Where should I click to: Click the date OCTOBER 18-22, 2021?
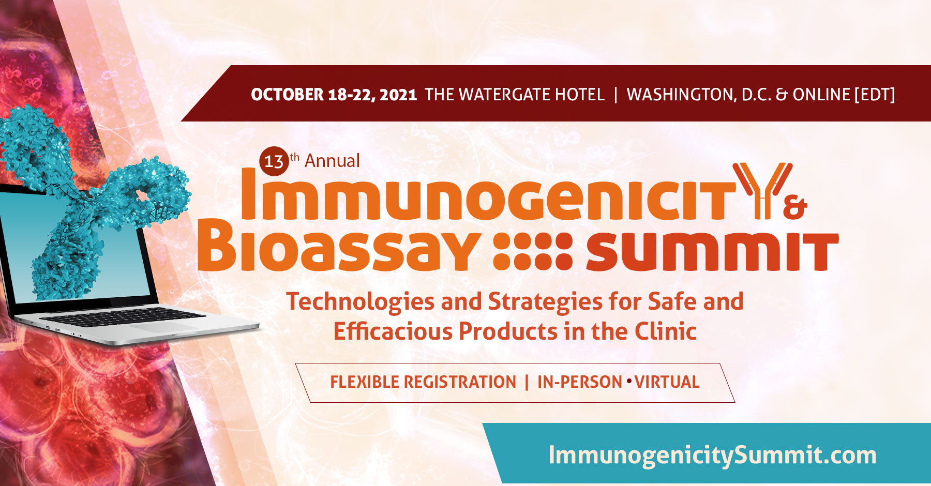pyautogui.click(x=334, y=95)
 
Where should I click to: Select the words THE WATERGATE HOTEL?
pyautogui.click(x=515, y=95)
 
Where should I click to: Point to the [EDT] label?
pyautogui.click(x=875, y=95)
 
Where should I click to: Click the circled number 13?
pyautogui.click(x=274, y=161)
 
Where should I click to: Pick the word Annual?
pyautogui.click(x=332, y=161)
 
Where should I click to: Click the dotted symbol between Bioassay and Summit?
pyautogui.click(x=533, y=251)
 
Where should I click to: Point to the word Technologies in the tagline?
pyautogui.click(x=360, y=302)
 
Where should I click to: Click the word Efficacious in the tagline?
pyautogui.click(x=393, y=331)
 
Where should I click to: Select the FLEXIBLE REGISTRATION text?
pyautogui.click(x=423, y=382)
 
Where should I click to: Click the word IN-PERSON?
pyautogui.click(x=579, y=382)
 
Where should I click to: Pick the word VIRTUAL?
pyautogui.click(x=667, y=382)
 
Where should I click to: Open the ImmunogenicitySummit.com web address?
pyautogui.click(x=712, y=455)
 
